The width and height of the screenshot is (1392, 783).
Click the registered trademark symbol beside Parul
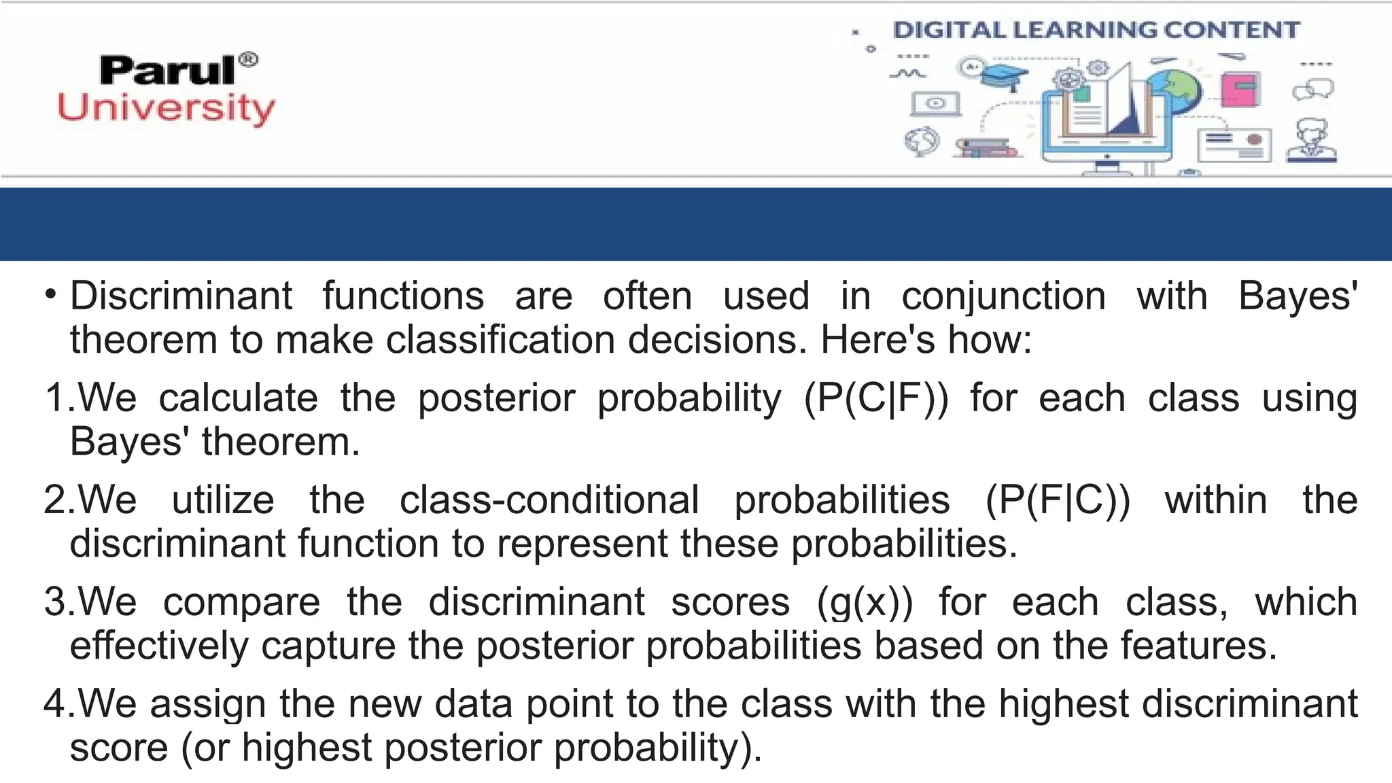coord(249,60)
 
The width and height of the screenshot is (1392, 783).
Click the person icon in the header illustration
coord(1312,141)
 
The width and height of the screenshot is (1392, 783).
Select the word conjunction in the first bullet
coord(1003,297)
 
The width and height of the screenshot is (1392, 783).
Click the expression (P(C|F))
coord(875,398)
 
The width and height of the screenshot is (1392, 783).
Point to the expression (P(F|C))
coord(1058,500)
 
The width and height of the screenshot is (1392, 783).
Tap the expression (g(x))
coord(865,603)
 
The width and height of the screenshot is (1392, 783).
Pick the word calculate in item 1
coord(238,398)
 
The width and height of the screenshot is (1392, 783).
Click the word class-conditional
coord(549,500)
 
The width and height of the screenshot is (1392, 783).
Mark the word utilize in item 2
coord(223,500)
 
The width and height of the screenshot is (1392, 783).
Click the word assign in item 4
coord(208,704)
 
